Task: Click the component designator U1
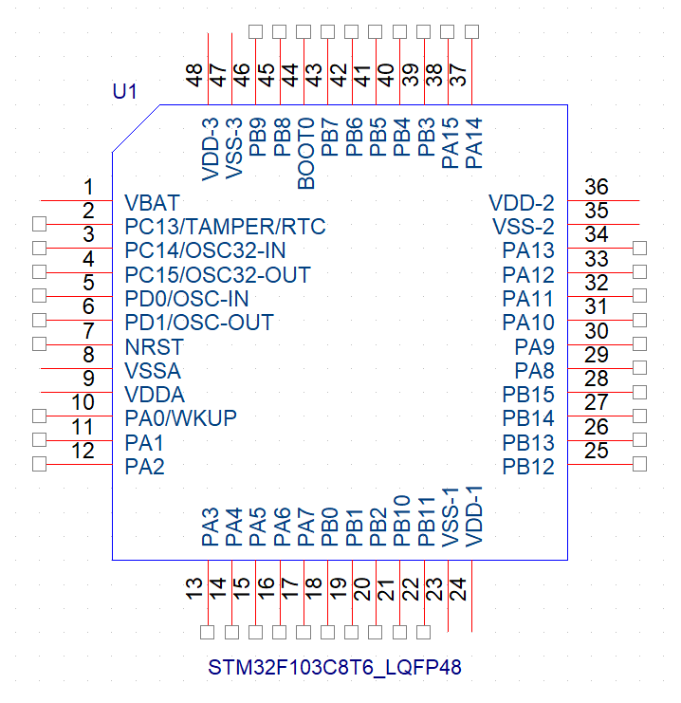coord(125,92)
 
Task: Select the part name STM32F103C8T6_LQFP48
coord(335,667)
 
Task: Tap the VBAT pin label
coord(152,203)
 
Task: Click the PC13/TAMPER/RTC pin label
coord(225,227)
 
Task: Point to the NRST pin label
coord(153,346)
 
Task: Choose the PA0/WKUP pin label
coord(180,418)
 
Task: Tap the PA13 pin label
coord(528,250)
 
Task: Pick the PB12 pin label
coord(528,466)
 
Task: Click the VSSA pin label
coord(153,370)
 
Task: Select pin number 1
coord(88,187)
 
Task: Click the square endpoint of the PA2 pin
coord(39,464)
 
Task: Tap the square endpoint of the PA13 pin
coord(639,249)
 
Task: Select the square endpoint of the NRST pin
coord(39,343)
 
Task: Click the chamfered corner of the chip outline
coord(136,128)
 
